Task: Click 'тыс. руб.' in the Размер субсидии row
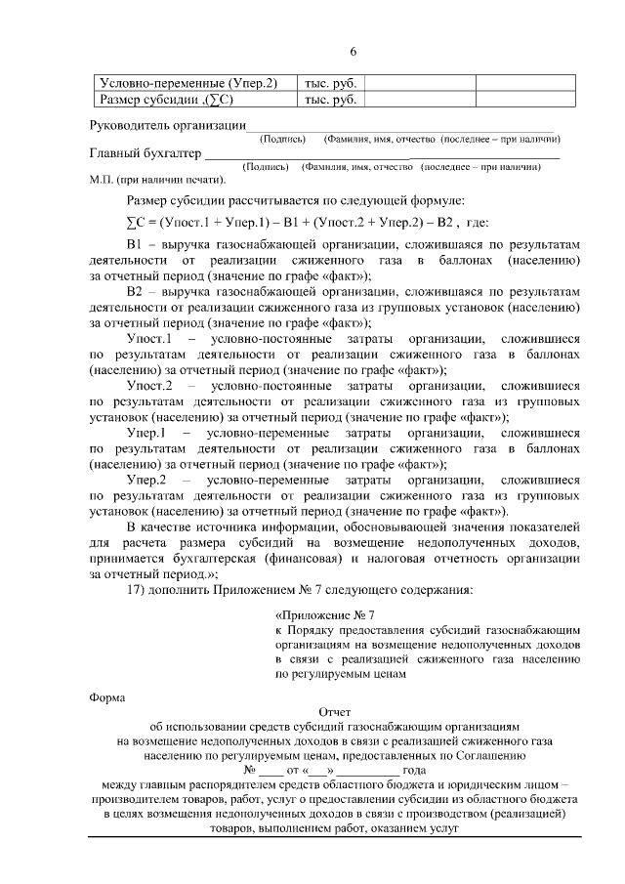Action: pyautogui.click(x=330, y=99)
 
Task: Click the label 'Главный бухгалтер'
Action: pyautogui.click(x=145, y=153)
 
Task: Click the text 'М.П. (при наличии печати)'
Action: pyautogui.click(x=156, y=180)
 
